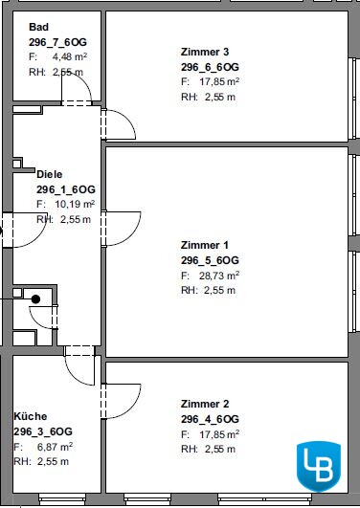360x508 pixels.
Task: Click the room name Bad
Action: click(x=38, y=27)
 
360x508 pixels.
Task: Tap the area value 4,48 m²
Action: click(x=70, y=57)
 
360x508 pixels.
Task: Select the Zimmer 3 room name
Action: click(x=205, y=52)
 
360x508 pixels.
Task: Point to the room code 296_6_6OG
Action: click(x=210, y=67)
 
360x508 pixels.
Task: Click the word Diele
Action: click(x=49, y=174)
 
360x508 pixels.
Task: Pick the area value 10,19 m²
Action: click(x=75, y=204)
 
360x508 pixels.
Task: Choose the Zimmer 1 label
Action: click(x=205, y=245)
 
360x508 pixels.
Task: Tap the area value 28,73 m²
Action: click(x=219, y=276)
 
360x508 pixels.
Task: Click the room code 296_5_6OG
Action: click(x=210, y=260)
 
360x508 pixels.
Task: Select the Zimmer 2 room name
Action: click(x=205, y=404)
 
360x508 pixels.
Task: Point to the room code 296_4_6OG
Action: click(x=210, y=419)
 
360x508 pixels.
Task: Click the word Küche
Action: click(x=31, y=416)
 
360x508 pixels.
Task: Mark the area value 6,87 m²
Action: click(x=55, y=447)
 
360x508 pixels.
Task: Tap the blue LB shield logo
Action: click(x=319, y=466)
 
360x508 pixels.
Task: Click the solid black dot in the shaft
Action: click(x=35, y=299)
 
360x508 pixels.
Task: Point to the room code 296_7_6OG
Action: click(x=57, y=42)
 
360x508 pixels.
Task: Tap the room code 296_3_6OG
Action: click(x=43, y=431)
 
